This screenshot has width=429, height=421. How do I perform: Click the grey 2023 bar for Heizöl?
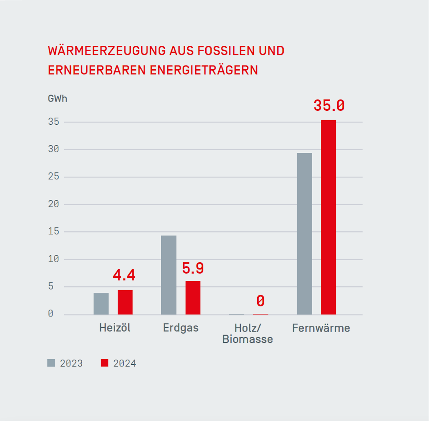tap(101, 303)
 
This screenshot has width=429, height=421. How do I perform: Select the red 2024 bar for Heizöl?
tap(125, 302)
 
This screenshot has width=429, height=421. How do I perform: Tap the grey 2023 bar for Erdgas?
tap(168, 275)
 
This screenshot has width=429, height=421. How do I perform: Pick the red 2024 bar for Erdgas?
tap(193, 298)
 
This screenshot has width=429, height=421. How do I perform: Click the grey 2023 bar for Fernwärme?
tap(304, 233)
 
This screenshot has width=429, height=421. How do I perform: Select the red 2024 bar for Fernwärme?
tap(328, 217)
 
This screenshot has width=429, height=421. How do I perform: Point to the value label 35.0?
tap(329, 106)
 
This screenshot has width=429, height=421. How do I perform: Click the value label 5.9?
tap(193, 268)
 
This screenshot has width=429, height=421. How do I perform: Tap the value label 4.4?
tap(124, 275)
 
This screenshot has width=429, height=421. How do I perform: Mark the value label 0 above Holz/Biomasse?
tap(261, 301)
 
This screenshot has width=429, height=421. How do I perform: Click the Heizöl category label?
tap(115, 328)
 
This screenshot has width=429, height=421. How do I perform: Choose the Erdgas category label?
tap(181, 328)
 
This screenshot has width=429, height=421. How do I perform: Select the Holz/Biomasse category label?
tap(248, 334)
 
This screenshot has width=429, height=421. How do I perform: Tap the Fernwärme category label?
tap(321, 328)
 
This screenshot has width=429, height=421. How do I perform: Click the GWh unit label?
tap(57, 99)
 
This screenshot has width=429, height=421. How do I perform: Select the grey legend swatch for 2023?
tap(51, 363)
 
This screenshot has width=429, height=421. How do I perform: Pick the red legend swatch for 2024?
tap(105, 363)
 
